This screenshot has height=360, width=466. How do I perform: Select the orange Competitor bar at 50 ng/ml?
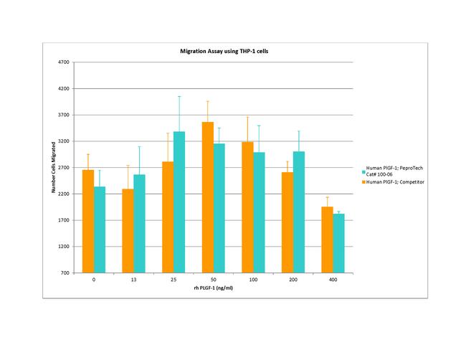pos(208,197)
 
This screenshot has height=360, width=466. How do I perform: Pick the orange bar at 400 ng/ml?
pos(327,240)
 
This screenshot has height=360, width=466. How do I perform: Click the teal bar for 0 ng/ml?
pos(100,229)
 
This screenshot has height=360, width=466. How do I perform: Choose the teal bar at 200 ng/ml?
pos(298,212)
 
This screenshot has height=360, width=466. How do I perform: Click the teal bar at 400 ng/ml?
pos(338,243)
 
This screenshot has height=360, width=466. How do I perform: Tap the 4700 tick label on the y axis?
pos(64,62)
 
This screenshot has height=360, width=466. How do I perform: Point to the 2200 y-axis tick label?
pos(64,194)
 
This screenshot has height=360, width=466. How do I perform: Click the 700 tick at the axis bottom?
pos(65,273)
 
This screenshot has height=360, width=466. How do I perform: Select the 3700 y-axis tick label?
pos(64,115)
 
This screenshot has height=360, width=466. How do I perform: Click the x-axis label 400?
pos(333,280)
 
